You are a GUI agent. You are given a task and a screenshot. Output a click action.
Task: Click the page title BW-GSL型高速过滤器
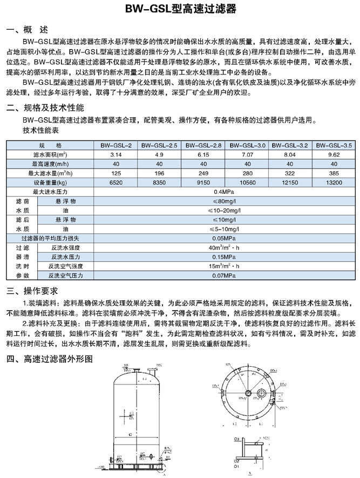[180, 10]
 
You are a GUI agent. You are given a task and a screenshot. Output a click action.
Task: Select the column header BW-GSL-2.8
[203, 146]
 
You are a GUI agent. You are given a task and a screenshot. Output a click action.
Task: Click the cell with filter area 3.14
[116, 155]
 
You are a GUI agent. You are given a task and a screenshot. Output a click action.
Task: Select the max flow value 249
[203, 173]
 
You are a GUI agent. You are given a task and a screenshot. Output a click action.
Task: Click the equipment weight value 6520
[116, 183]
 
